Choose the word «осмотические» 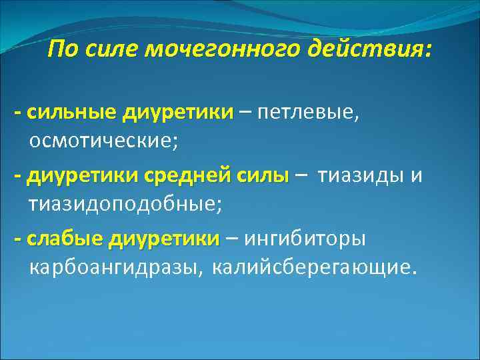(103, 141)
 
